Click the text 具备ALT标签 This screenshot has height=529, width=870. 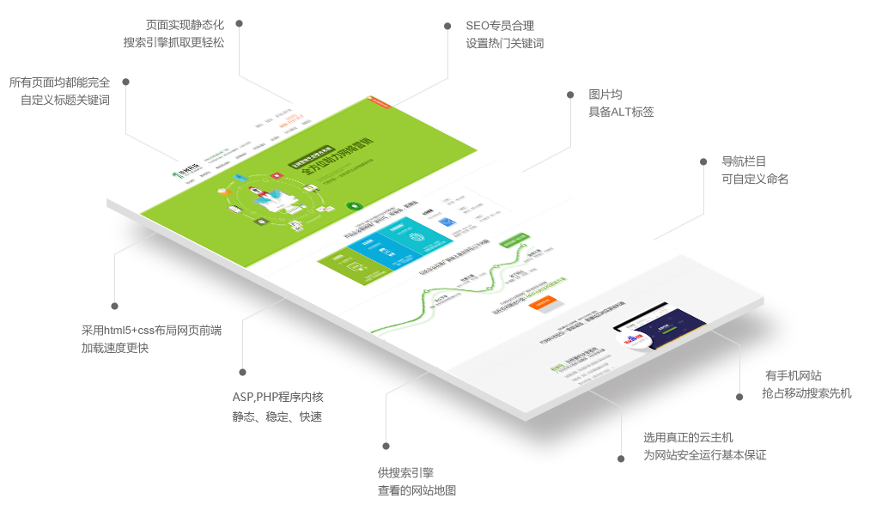click(x=621, y=112)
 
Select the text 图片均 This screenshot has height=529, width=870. click(x=605, y=94)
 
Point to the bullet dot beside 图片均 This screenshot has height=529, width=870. click(x=570, y=94)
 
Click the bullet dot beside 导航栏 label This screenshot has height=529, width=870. click(x=703, y=161)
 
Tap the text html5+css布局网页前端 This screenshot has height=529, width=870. click(x=163, y=330)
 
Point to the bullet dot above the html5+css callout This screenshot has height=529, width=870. click(x=114, y=306)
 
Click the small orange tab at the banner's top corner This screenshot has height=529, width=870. click(x=370, y=98)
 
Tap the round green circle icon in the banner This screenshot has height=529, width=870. click(x=352, y=206)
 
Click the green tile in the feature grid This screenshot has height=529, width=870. click(x=341, y=261)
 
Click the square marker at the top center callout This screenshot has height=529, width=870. click(x=447, y=27)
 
